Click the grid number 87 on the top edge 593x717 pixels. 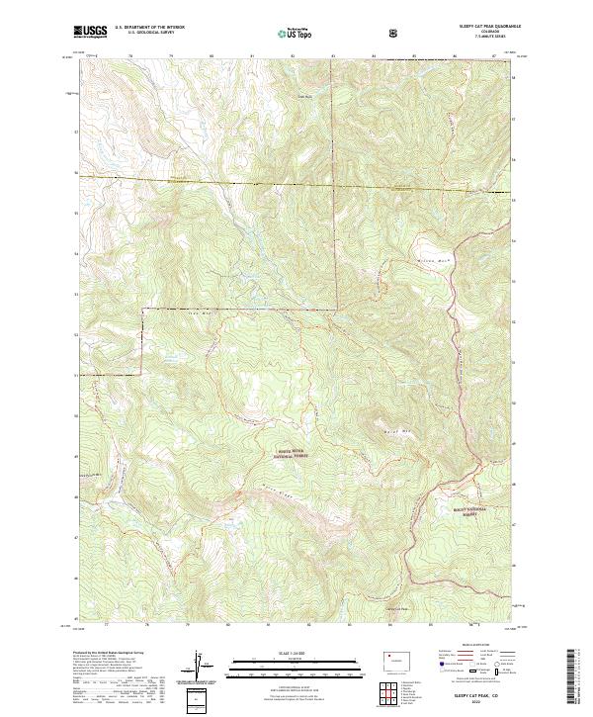(493, 56)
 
